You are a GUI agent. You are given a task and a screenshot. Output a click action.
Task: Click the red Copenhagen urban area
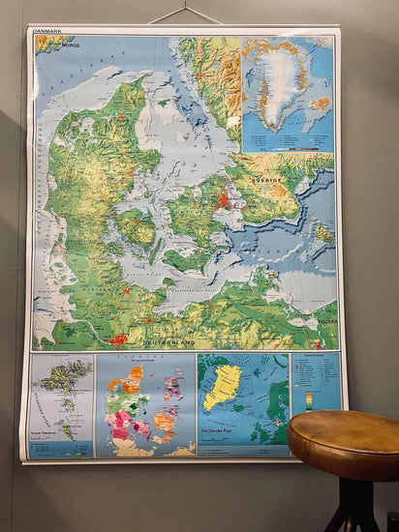225,201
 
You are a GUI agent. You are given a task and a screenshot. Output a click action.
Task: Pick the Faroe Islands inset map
62,404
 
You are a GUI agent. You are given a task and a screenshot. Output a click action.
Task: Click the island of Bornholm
323,233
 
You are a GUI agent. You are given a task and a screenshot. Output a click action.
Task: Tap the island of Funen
137,231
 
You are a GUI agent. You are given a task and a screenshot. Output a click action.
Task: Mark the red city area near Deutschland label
118,340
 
